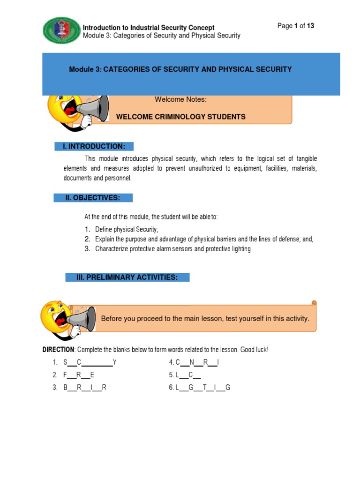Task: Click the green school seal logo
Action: pos(62,30)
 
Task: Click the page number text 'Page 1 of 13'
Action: pos(295,26)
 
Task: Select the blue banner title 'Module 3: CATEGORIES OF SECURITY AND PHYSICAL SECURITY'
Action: pos(180,69)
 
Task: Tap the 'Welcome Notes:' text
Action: pos(180,99)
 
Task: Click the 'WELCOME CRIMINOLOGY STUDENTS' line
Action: pos(180,117)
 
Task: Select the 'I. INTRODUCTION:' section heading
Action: pos(94,147)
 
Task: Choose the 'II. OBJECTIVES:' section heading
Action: pos(93,198)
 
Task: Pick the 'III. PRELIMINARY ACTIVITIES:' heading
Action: pos(127,277)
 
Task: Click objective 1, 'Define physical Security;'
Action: pos(127,229)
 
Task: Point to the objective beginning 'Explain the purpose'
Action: pos(204,239)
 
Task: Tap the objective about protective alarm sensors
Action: pos(172,249)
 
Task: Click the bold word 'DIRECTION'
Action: pos(58,350)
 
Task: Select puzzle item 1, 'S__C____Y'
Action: pos(90,362)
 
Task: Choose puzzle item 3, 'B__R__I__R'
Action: pos(85,388)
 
